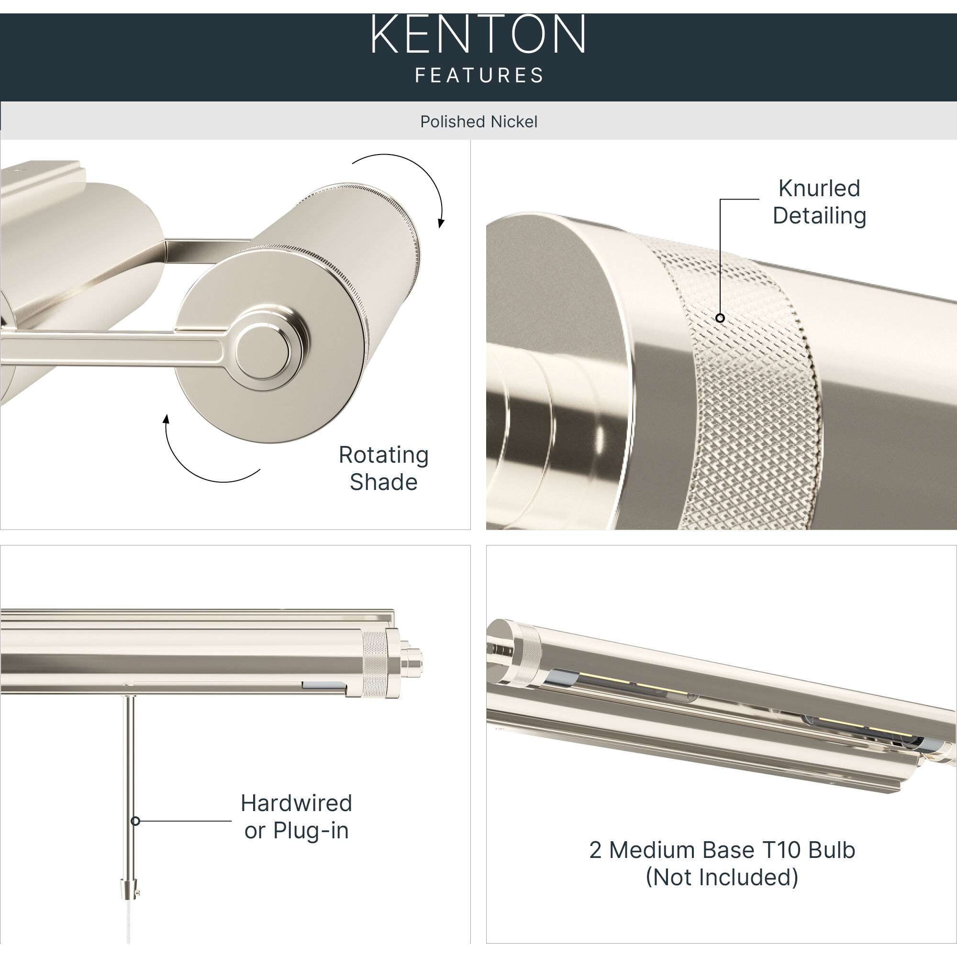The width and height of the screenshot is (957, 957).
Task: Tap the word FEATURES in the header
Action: coord(479,76)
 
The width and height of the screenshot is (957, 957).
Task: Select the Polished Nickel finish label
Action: coord(478,122)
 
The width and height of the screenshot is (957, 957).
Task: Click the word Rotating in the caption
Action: coord(383,455)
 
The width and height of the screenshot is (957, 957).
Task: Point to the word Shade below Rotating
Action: coord(383,482)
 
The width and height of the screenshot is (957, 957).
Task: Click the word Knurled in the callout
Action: coord(819,188)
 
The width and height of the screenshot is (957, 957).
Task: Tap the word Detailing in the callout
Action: coord(819,215)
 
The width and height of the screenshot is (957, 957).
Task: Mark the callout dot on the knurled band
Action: coord(720,318)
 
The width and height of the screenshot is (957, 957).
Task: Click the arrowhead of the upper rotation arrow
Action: coord(441,223)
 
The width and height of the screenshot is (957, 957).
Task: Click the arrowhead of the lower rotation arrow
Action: coord(167,420)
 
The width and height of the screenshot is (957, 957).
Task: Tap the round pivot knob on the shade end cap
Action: coord(263,352)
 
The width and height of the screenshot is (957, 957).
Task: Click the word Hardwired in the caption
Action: coord(296,803)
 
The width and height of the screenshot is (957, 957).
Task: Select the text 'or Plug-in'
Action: coord(296,831)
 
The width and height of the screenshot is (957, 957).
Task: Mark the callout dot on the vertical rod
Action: coord(135,821)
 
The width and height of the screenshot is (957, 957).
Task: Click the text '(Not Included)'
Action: coord(722,877)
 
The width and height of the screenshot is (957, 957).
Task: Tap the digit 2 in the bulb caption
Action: coord(595,850)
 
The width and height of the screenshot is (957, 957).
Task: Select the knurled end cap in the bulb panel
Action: coord(526,654)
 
